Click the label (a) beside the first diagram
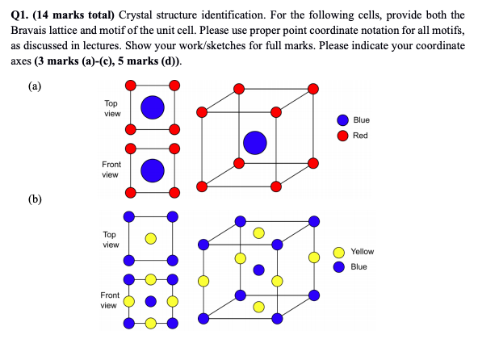pyautogui.click(x=35, y=86)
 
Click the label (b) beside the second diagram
pyautogui.click(x=35, y=199)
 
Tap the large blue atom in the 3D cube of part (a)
pyautogui.click(x=255, y=143)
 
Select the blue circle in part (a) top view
pyautogui.click(x=153, y=107)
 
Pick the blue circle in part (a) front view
pyautogui.click(x=153, y=170)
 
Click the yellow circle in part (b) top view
pyautogui.click(x=151, y=238)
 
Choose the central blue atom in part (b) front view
pyautogui.click(x=151, y=301)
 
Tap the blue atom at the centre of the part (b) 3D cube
pyautogui.click(x=258, y=270)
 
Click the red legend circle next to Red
pyautogui.click(x=342, y=136)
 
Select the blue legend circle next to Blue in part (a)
pyautogui.click(x=342, y=120)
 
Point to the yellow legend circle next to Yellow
pyautogui.click(x=338, y=253)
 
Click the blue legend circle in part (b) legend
pyautogui.click(x=338, y=267)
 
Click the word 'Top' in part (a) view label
pyautogui.click(x=111, y=103)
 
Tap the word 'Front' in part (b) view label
pyautogui.click(x=110, y=295)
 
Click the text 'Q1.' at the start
pyautogui.click(x=20, y=15)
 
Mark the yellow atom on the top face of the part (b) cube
pyautogui.click(x=258, y=233)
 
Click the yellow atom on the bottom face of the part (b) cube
pyautogui.click(x=258, y=307)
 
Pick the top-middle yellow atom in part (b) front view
pyautogui.click(x=151, y=279)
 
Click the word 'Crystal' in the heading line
pyautogui.click(x=136, y=15)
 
